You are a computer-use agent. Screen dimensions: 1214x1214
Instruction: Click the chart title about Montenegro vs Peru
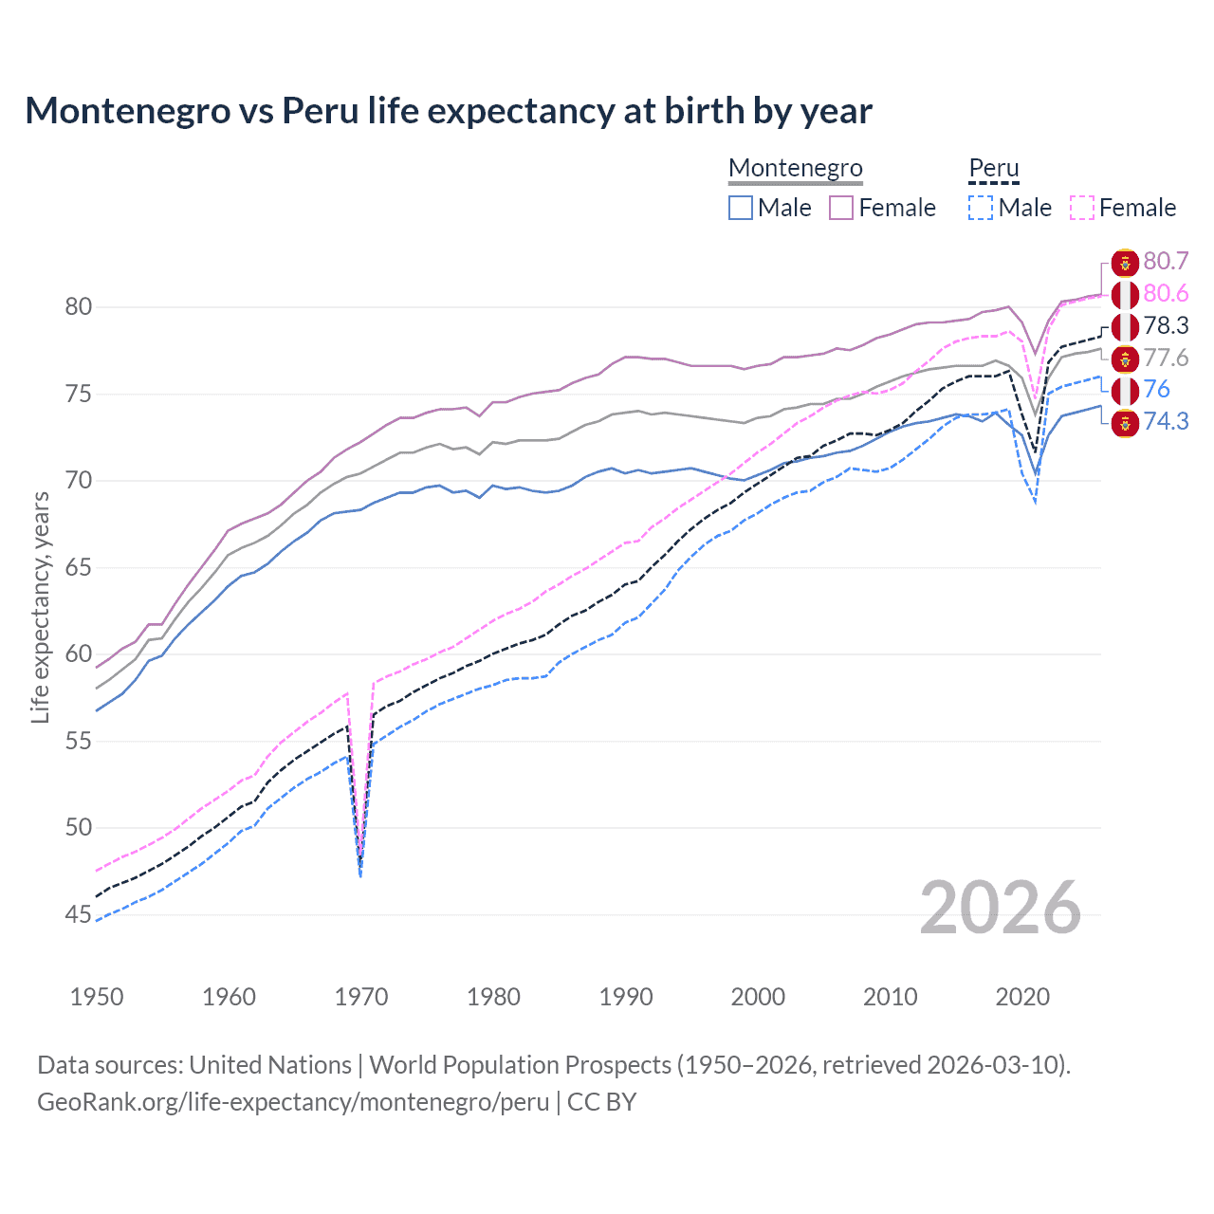coord(448,111)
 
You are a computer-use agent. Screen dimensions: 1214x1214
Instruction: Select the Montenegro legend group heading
coord(795,168)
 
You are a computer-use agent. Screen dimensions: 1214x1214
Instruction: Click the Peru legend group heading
coord(993,168)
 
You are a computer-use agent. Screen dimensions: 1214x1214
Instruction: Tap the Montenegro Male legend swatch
coord(741,208)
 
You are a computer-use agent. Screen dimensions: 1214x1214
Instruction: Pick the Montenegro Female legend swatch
coord(841,208)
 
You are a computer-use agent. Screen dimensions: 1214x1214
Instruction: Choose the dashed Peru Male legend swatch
coord(981,208)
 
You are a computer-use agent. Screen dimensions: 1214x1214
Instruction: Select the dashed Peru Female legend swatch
coord(1082,208)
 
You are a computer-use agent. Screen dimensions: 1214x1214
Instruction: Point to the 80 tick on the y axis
coord(79,306)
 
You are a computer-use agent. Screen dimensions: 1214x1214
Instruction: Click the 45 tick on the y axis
coord(79,914)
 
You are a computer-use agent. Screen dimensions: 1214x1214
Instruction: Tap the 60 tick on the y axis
coord(79,653)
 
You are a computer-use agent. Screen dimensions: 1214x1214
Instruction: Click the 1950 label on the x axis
coord(97,997)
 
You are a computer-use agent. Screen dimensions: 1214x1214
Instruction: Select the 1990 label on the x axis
coord(626,997)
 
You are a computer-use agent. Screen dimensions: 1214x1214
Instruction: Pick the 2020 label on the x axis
coord(1022,997)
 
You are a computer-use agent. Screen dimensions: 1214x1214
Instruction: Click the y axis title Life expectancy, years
coord(41,607)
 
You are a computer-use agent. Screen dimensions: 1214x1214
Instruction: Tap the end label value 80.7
coord(1166,262)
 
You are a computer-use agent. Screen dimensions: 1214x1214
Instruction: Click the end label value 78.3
coord(1166,326)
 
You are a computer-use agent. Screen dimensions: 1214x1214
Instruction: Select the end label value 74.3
coord(1166,422)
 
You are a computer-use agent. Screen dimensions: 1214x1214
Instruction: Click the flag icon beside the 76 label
coord(1125,390)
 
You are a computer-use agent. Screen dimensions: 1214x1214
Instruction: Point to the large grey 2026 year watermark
coord(1001,908)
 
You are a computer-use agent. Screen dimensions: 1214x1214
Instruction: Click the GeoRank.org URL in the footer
coord(293,1102)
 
